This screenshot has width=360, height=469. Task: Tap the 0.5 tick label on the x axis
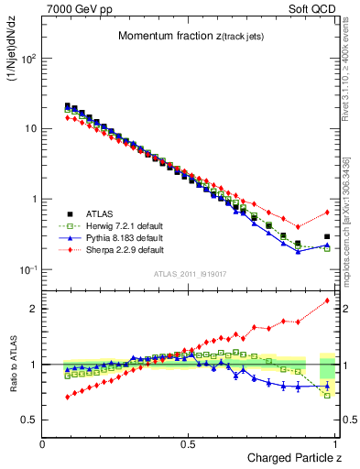188,443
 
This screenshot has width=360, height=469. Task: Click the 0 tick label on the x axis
43,443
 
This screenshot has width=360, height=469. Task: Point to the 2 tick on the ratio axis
32,309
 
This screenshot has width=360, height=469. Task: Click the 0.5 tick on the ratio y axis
27,420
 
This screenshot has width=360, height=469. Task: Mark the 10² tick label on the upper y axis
28,59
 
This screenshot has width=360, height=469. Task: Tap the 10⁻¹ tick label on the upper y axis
28,269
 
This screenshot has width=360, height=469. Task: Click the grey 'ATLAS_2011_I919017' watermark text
190,274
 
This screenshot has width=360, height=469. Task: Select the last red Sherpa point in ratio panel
327,300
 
